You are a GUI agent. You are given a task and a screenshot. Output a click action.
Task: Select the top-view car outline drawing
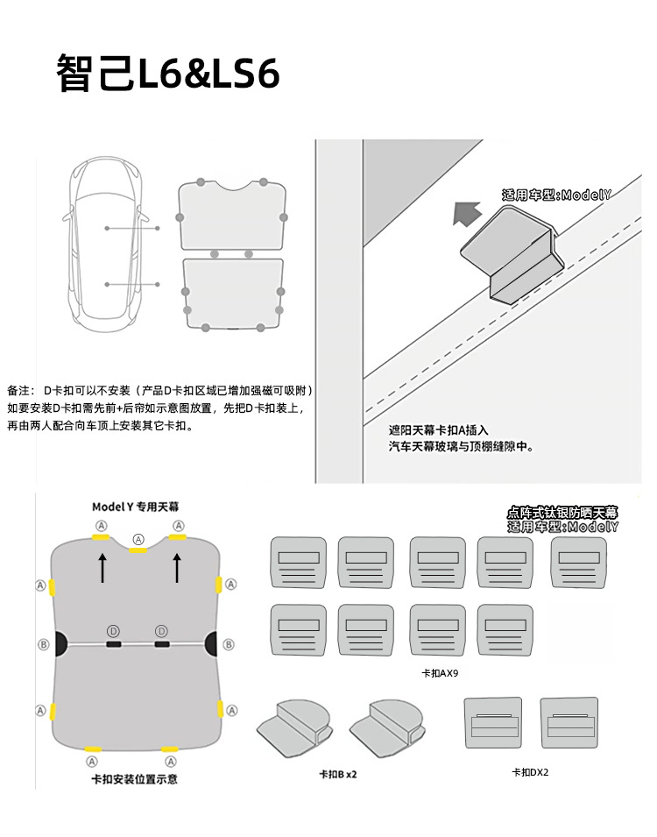[x=106, y=242]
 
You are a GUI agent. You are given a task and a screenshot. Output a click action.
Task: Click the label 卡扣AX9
[x=440, y=674]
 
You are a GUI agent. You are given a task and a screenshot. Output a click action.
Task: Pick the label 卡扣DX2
[x=530, y=772]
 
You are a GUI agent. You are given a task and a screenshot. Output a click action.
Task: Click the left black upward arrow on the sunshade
[x=102, y=568]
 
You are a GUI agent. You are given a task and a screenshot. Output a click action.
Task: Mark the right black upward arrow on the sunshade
[x=177, y=568]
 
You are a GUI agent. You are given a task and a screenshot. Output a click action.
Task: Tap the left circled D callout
[x=113, y=631]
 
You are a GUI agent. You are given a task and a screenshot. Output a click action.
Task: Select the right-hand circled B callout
[x=229, y=644]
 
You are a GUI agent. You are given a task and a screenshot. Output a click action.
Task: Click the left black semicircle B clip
[x=61, y=644]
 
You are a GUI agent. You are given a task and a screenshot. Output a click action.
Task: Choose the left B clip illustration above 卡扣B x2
[x=293, y=725]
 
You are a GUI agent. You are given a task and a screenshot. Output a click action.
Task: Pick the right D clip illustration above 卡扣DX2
[x=569, y=721]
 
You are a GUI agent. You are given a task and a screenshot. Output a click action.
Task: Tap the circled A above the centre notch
[x=138, y=538]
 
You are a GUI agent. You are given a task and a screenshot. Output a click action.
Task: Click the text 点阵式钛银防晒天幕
[x=562, y=512]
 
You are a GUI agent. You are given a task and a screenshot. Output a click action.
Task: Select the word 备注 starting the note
[x=19, y=390]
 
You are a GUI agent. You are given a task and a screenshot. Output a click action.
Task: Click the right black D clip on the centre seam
[x=162, y=644]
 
